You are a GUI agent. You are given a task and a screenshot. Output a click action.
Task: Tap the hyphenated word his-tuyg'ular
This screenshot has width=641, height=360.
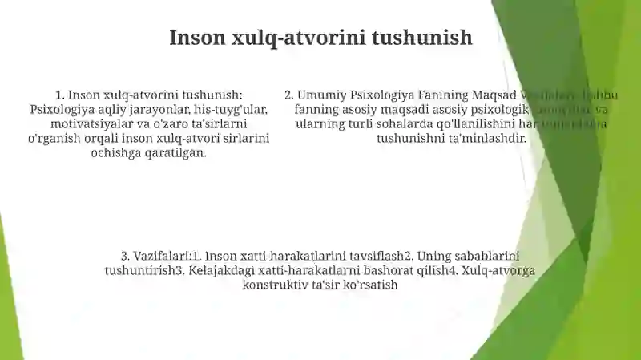[229, 110]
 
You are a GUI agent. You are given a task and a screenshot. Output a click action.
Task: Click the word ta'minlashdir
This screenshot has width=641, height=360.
[490, 139]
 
